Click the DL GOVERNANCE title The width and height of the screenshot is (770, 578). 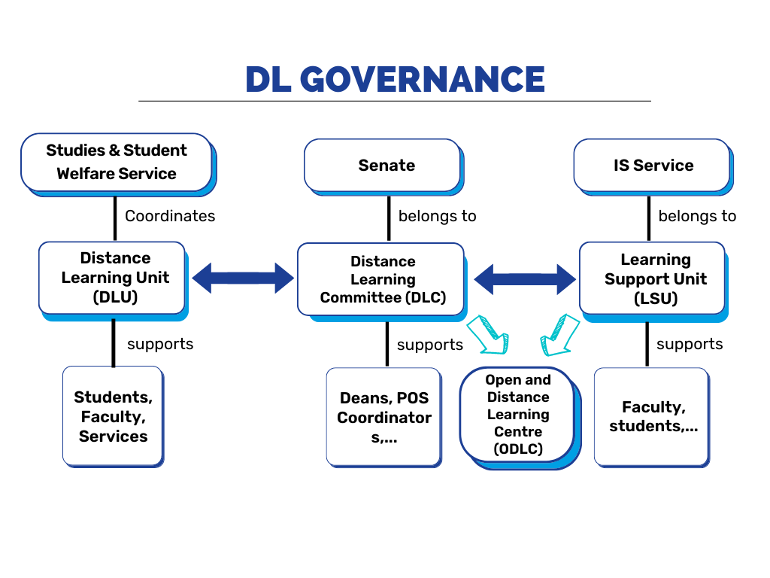point(395,79)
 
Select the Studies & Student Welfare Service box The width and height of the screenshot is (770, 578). point(118,165)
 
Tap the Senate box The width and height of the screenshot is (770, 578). point(384,167)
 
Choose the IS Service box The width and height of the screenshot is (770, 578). point(653,167)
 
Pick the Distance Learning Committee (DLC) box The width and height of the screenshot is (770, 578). point(382,282)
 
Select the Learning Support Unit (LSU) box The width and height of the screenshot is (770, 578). point(653,282)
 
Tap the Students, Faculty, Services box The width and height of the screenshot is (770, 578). point(114,417)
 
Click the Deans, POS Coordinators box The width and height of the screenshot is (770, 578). point(384,417)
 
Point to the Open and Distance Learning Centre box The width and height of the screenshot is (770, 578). point(520,418)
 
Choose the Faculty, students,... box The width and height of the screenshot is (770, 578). point(652,417)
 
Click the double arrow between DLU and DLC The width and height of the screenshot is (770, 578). point(243,278)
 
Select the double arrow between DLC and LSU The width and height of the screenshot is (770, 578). point(525,279)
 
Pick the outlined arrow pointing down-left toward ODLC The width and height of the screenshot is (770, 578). point(559,335)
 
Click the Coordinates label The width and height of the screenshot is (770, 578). point(170,216)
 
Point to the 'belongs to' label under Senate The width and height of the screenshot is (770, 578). point(437,216)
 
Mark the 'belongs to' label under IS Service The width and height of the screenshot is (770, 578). point(697,216)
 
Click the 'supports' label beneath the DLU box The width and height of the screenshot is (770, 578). point(160,344)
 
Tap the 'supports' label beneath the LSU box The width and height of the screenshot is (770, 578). point(690,344)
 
